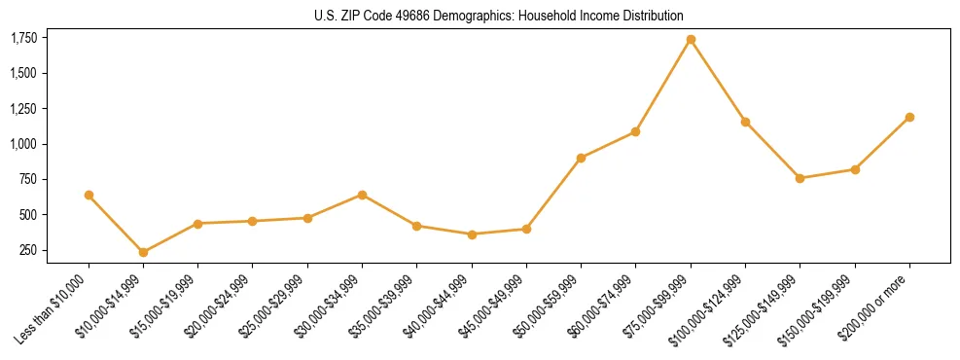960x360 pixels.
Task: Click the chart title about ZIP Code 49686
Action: (499, 16)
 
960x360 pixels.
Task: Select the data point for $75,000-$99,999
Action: (691, 40)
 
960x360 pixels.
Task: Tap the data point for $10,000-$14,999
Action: (143, 252)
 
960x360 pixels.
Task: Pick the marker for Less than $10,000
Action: (89, 196)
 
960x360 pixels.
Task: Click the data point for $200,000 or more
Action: (909, 117)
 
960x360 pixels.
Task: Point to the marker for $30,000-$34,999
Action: (362, 195)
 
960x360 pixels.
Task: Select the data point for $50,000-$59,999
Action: (581, 158)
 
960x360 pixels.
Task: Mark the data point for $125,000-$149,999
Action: (800, 178)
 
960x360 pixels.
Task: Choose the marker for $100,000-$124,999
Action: (745, 122)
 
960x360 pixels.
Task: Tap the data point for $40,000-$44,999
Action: (472, 234)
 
